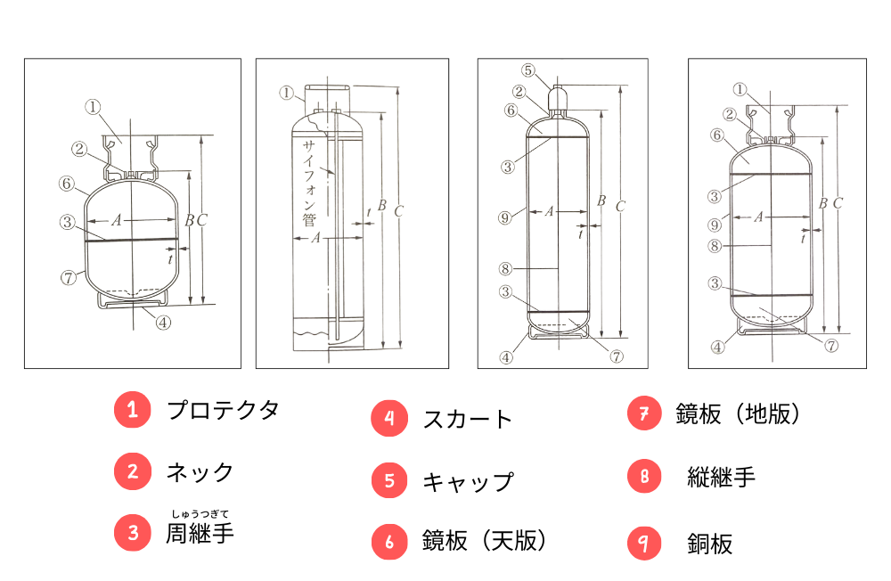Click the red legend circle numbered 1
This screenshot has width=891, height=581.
[133, 411]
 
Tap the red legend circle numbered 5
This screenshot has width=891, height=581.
[389, 480]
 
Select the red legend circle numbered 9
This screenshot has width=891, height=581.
[644, 543]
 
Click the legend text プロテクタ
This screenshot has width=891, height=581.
[223, 411]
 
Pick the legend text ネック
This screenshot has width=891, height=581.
[200, 472]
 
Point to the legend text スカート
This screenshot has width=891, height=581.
[468, 419]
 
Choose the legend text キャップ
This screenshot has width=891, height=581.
[468, 481]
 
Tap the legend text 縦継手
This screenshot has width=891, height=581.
[721, 478]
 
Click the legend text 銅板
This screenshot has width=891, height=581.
[709, 544]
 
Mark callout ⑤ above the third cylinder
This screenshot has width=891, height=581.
[527, 70]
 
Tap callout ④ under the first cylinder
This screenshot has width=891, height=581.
[162, 323]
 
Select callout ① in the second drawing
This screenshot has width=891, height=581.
[286, 92]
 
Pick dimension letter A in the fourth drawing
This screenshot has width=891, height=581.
[759, 217]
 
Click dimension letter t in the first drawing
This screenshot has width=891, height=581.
[170, 258]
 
